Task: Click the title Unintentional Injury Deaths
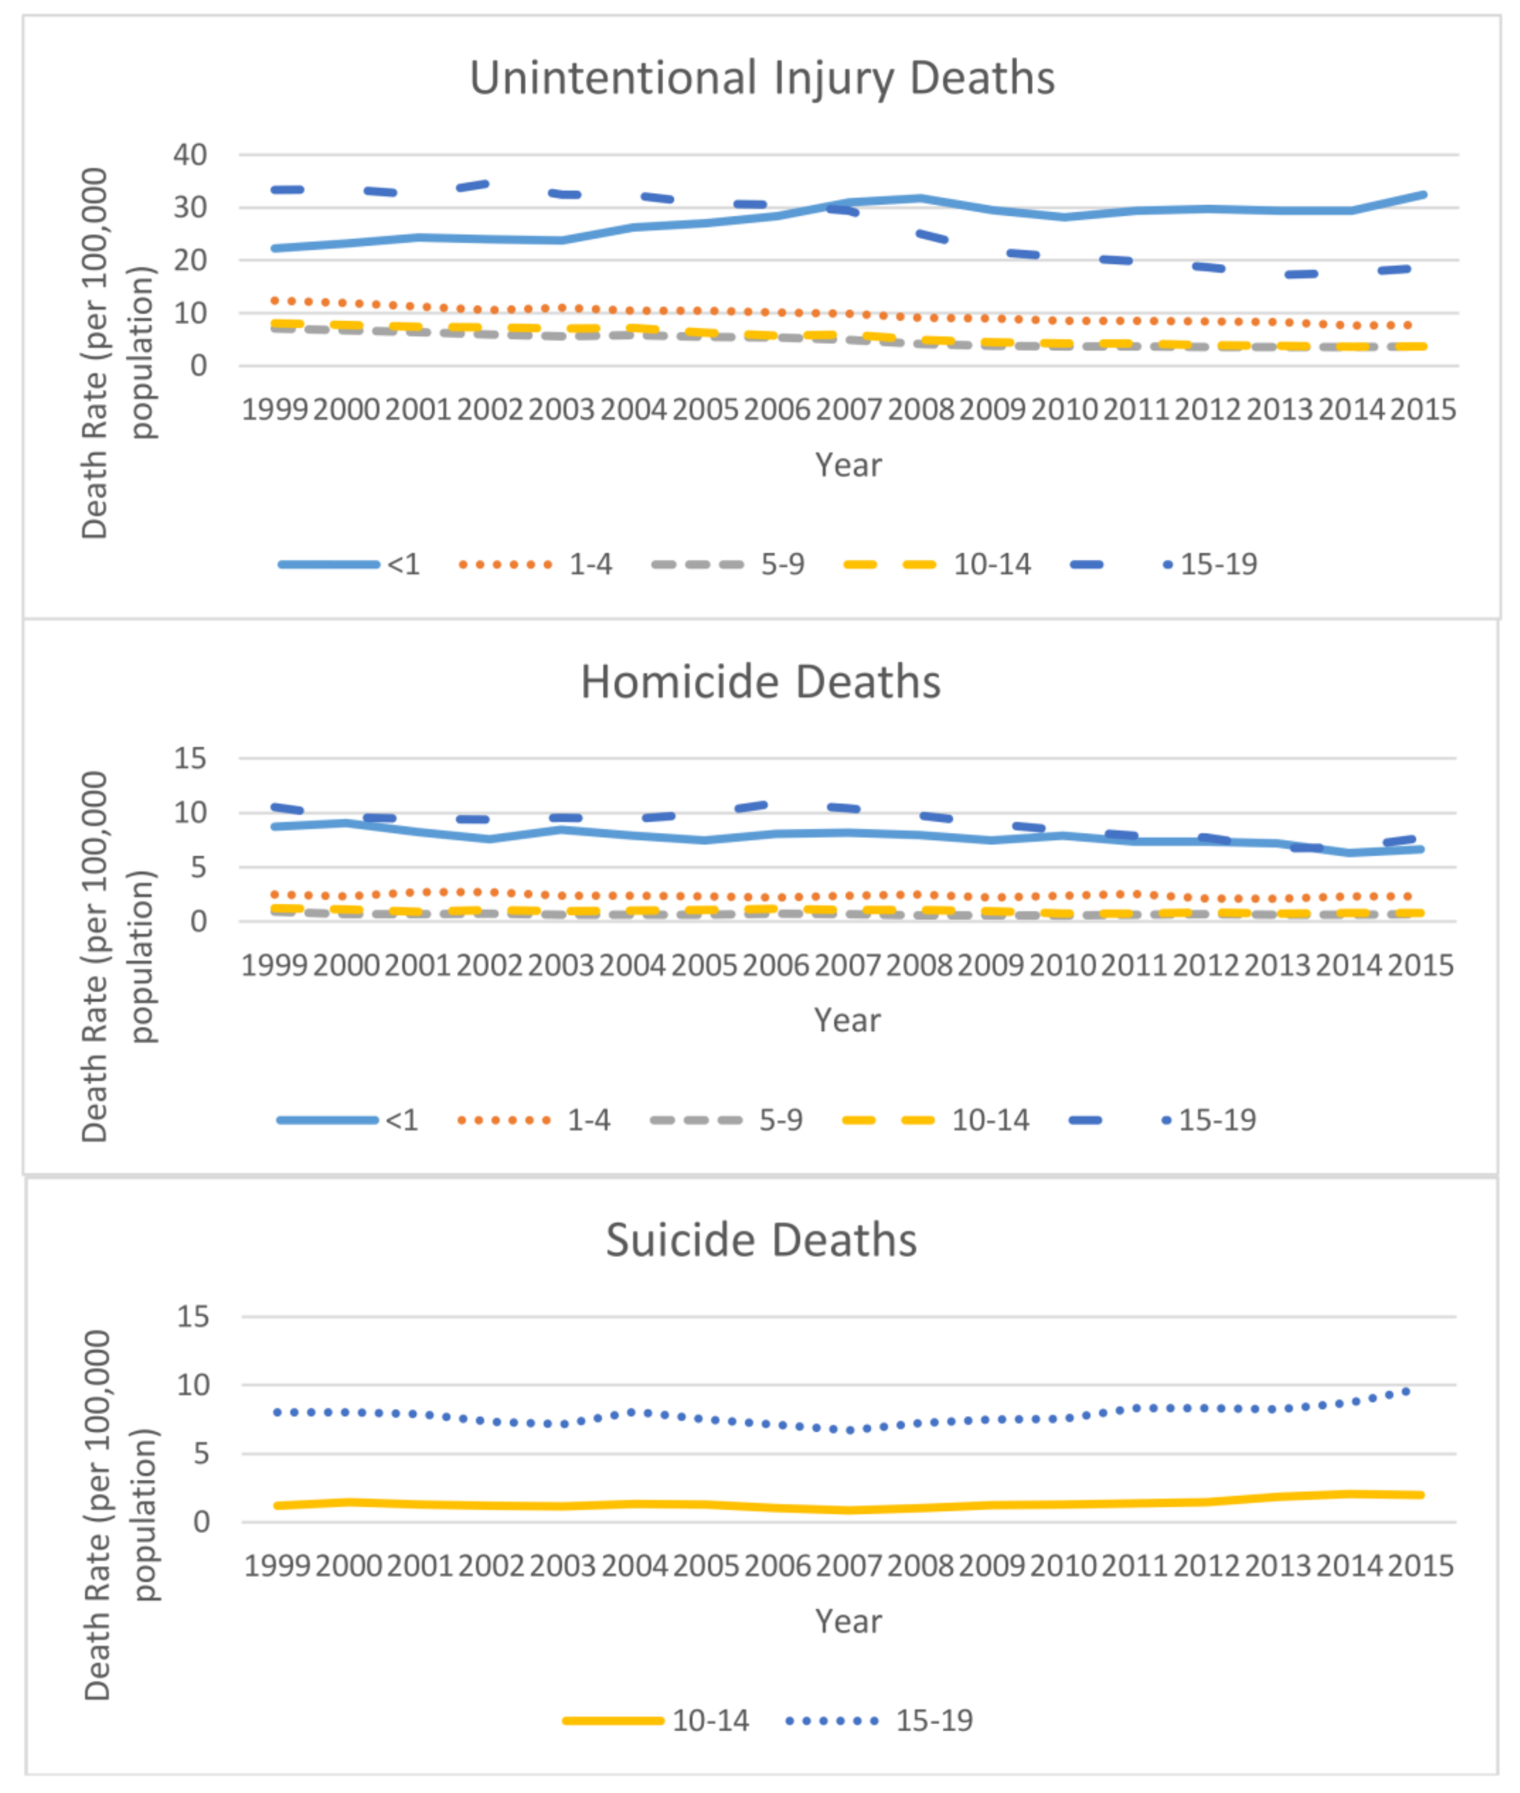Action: (x=762, y=78)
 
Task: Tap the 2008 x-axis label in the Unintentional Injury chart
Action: (x=920, y=409)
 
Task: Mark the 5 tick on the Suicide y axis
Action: (x=200, y=1454)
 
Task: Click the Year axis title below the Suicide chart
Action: (x=849, y=1621)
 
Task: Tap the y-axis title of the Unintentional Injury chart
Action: (x=116, y=353)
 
